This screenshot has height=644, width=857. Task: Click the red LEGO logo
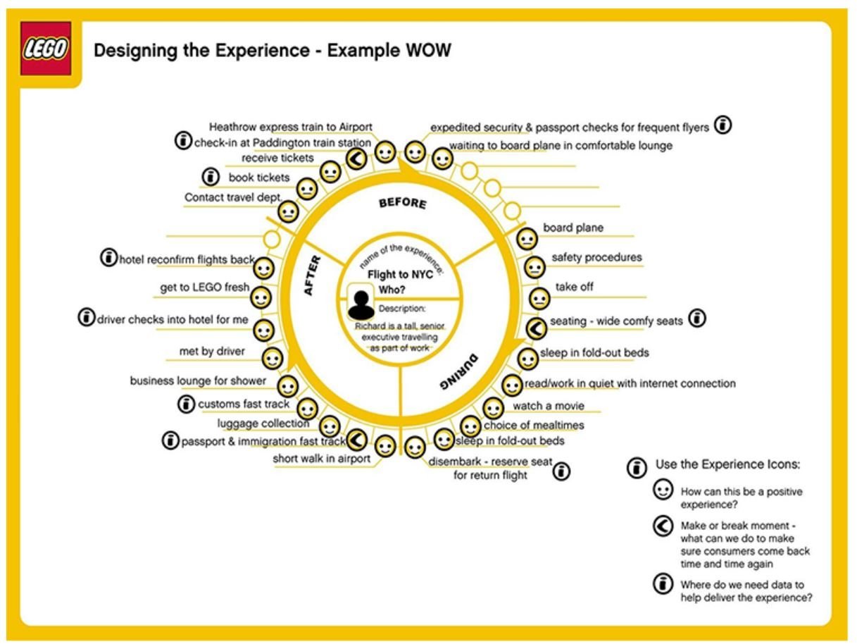[x=46, y=48]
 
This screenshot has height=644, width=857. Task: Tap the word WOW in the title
[x=428, y=51]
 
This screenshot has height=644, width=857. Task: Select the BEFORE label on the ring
[x=403, y=203]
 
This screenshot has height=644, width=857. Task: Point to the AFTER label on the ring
[x=313, y=275]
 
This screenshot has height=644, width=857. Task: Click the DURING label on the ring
[x=458, y=371]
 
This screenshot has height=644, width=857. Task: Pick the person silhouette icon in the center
[x=361, y=304]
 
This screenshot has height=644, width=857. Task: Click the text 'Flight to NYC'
[x=400, y=275]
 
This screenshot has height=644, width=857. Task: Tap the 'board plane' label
[x=573, y=228]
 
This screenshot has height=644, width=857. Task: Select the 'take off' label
[x=574, y=287]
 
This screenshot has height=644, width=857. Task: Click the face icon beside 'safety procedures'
[x=534, y=268]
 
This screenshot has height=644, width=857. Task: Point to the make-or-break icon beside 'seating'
[x=536, y=328]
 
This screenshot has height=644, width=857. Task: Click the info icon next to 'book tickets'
[x=211, y=177]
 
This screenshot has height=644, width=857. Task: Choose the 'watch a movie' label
[x=549, y=406]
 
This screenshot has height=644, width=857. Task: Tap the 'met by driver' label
[x=212, y=351]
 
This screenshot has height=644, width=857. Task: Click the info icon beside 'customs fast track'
[x=186, y=404]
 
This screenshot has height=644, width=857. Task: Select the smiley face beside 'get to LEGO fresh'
[x=261, y=298]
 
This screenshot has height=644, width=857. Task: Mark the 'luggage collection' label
[x=263, y=423]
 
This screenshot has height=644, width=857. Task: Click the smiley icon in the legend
[x=663, y=490]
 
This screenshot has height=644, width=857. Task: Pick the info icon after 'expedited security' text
[x=722, y=125]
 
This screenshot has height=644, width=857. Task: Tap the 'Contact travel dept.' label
[x=233, y=197]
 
